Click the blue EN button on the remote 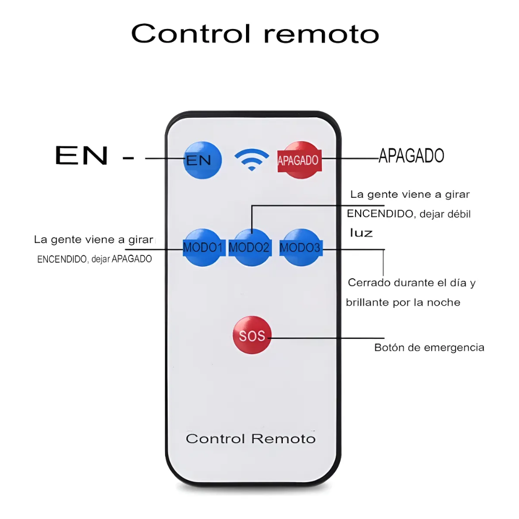(202, 160)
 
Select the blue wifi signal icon (251, 160)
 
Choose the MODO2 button (250, 248)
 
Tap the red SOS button (252, 336)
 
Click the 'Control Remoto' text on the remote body (251, 439)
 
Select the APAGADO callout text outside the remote (411, 155)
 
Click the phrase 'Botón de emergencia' (429, 347)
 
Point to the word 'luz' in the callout (361, 233)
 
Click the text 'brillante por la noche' (403, 302)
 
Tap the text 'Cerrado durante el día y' (412, 283)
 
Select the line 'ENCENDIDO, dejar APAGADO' (94, 259)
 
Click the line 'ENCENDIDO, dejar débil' (408, 213)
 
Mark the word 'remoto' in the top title (321, 34)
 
